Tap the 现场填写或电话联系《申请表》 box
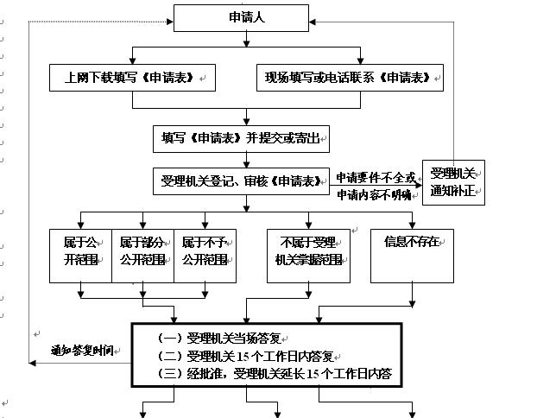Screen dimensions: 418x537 (350, 78)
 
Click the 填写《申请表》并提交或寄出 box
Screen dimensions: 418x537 (242, 137)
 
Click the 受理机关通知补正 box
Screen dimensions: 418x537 (453, 181)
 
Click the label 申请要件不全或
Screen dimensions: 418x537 (376, 177)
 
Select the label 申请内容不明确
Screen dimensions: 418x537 (376, 194)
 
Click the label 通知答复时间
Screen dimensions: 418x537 (83, 351)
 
